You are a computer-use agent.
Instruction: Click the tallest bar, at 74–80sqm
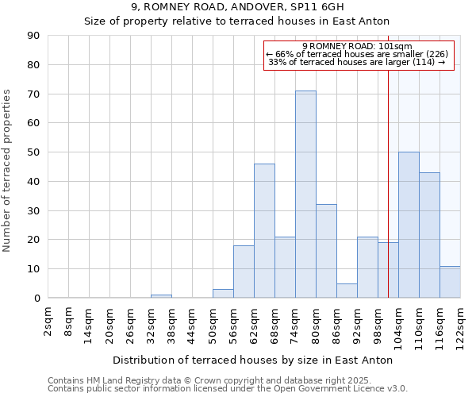point(305,195)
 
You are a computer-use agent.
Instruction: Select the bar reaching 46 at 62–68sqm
point(264,231)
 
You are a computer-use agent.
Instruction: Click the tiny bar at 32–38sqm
point(161,296)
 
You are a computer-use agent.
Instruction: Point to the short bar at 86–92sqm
point(347,291)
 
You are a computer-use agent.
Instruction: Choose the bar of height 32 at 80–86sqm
point(326,251)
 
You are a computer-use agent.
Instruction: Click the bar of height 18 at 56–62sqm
point(244,272)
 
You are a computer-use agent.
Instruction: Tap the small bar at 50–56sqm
point(223,294)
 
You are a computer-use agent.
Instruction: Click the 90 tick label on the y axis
point(33,36)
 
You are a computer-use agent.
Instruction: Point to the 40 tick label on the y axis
point(33,181)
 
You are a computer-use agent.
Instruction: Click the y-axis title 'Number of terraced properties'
point(7,171)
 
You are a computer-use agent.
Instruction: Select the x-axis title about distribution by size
point(252,360)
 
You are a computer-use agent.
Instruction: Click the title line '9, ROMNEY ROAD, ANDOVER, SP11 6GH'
point(237,7)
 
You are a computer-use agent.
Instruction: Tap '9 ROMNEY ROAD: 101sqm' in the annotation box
point(357,46)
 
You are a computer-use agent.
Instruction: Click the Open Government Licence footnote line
point(228,389)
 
